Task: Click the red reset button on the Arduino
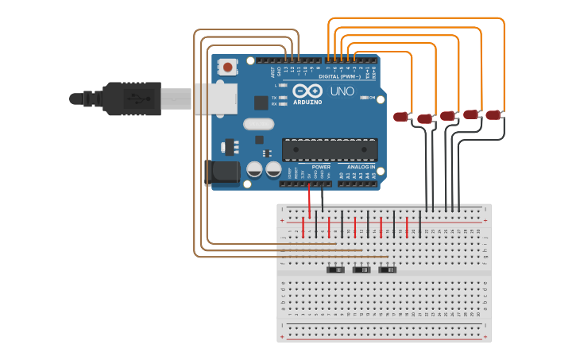click(x=229, y=68)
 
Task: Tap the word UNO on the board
click(x=342, y=91)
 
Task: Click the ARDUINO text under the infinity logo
click(x=307, y=103)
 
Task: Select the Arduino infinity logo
click(x=307, y=91)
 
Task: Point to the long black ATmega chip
click(x=330, y=149)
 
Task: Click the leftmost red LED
click(x=401, y=117)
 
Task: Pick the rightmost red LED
click(x=493, y=114)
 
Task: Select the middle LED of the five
click(x=447, y=115)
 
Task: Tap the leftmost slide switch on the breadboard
click(x=336, y=269)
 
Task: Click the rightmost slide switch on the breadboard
click(x=388, y=269)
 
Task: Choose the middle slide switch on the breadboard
click(x=361, y=269)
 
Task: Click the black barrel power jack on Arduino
click(x=222, y=173)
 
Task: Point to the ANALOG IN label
click(x=361, y=167)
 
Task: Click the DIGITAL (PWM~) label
click(x=339, y=65)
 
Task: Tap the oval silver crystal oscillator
click(x=258, y=124)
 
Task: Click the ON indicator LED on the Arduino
click(x=364, y=98)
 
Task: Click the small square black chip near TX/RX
click(x=261, y=102)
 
